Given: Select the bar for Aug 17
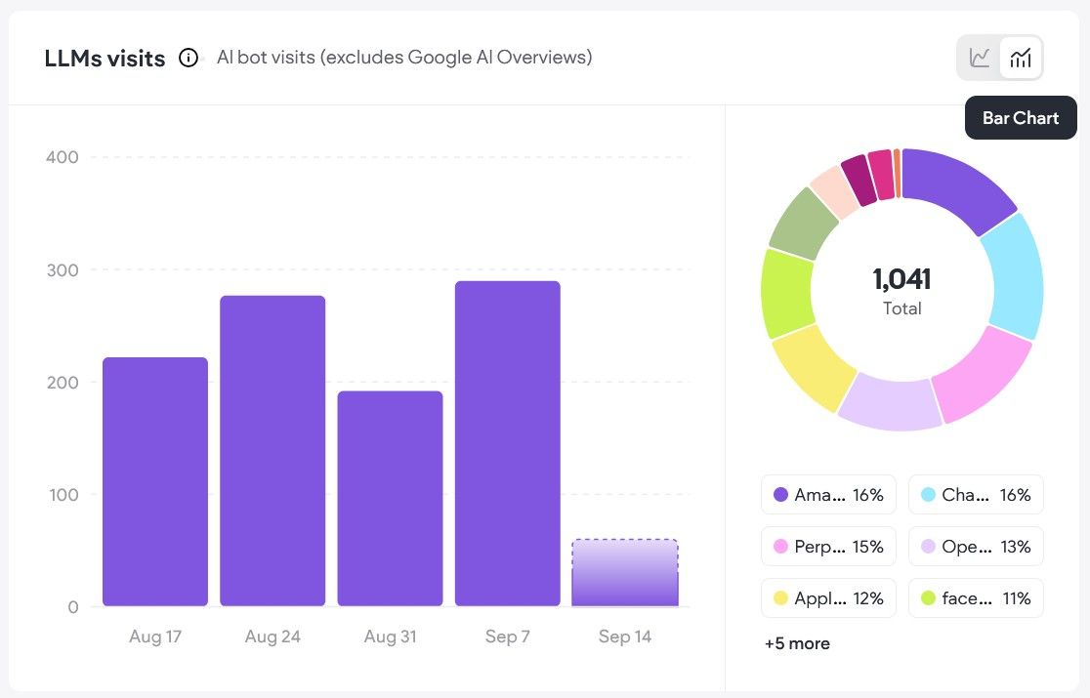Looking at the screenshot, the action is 155,481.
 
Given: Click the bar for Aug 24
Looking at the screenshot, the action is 272,451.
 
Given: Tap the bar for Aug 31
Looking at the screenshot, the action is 390,498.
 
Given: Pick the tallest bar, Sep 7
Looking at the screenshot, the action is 508,443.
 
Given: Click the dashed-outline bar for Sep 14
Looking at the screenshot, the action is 625,573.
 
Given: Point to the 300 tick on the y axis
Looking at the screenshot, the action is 63,270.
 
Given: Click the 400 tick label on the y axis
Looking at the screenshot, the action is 63,157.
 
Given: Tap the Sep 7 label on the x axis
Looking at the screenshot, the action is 508,636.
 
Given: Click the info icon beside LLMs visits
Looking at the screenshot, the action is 189,58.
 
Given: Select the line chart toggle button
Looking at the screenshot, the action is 980,58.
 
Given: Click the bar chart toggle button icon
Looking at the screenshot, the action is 1021,58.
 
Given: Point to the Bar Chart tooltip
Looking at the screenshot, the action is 1021,118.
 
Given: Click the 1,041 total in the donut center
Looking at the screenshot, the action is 901,279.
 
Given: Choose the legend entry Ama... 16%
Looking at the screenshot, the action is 828,495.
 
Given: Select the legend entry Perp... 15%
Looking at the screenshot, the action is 828,547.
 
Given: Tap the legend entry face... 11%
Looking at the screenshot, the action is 976,598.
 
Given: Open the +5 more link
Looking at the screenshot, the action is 797,643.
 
